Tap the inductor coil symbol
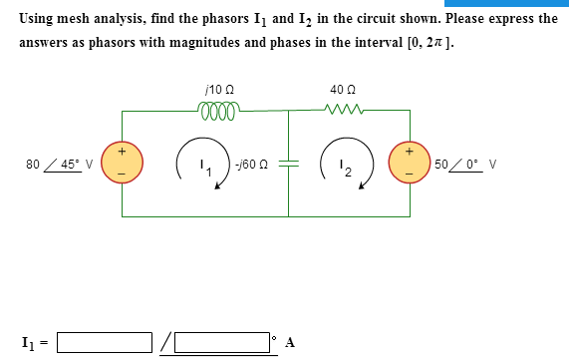coord(219,110)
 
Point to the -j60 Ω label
coord(251,165)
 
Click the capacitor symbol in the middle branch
coord(289,165)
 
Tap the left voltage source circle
coord(123,164)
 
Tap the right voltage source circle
coord(409,164)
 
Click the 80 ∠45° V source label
coord(60,165)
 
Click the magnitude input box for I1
coord(105,342)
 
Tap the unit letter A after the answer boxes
coord(290,343)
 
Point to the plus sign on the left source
coord(123,152)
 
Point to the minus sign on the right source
coord(409,177)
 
